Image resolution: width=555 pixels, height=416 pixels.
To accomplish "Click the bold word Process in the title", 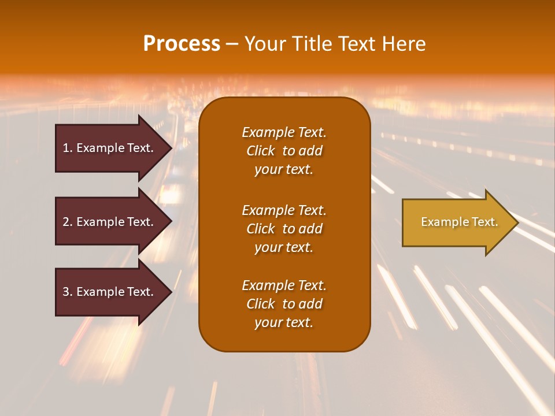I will (x=182, y=44).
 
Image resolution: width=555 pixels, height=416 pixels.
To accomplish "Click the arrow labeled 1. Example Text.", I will (x=110, y=148).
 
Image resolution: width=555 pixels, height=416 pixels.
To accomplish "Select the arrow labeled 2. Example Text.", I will (x=110, y=222).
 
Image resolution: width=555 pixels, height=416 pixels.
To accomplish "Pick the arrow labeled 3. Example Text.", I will (x=110, y=292).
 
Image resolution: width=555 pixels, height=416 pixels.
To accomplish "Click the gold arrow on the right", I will (x=457, y=222).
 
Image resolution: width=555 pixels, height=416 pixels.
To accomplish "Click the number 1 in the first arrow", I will (x=66, y=148).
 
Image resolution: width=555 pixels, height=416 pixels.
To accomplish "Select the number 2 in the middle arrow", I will (x=66, y=222).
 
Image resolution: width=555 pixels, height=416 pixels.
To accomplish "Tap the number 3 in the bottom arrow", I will (x=66, y=292).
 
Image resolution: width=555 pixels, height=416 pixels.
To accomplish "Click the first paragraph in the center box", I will (x=284, y=151).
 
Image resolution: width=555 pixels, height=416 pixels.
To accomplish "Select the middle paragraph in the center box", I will (x=284, y=229).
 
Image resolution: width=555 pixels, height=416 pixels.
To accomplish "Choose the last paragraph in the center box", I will (x=284, y=304).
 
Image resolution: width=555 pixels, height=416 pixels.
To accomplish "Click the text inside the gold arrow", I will (x=459, y=222).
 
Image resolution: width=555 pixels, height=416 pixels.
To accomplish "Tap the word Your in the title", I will (x=264, y=44).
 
